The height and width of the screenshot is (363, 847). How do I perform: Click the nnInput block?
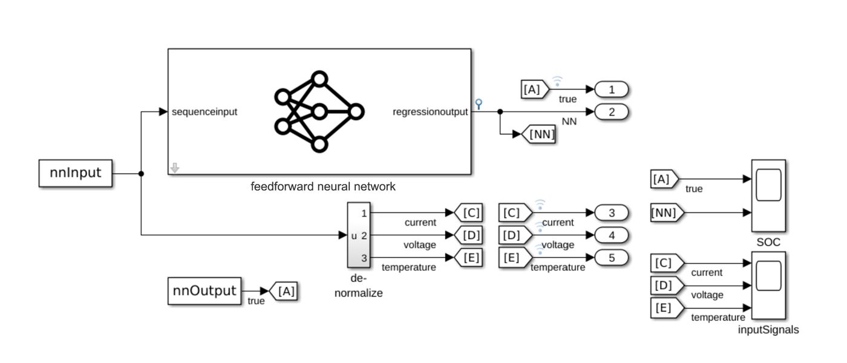76,174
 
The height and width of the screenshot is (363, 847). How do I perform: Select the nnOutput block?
204,290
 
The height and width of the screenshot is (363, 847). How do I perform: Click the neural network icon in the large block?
319,112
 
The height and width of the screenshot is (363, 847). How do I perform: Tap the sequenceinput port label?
204,112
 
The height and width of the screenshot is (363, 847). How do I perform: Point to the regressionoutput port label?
430,112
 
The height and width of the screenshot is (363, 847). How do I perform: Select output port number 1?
611,90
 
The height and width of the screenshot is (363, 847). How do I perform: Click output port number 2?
611,112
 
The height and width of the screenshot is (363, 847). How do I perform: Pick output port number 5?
611,258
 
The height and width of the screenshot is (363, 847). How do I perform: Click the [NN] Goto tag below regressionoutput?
540,135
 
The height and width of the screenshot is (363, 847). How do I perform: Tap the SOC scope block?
768,195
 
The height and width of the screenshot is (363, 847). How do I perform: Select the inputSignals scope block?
768,287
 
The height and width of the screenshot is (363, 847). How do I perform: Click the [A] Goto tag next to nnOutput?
284,291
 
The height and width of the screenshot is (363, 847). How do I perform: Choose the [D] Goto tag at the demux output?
469,235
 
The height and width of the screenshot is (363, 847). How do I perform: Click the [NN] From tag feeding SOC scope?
667,213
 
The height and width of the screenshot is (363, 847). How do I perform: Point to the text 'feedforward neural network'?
323,187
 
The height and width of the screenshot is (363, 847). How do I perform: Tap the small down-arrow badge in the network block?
175,168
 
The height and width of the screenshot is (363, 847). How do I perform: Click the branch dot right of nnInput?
141,174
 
